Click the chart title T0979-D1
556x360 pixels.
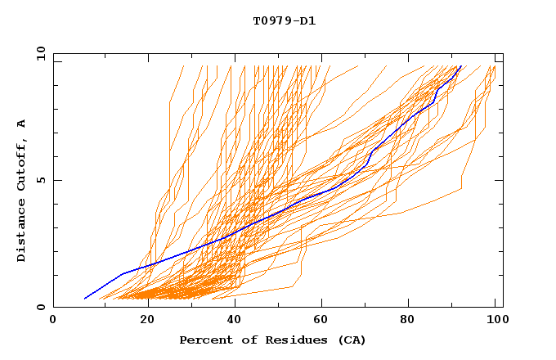284,20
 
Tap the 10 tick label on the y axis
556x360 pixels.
38,54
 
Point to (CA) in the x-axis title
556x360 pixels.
352,340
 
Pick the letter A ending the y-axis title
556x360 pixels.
22,123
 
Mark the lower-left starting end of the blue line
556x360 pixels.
84,299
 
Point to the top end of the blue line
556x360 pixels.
461,66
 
